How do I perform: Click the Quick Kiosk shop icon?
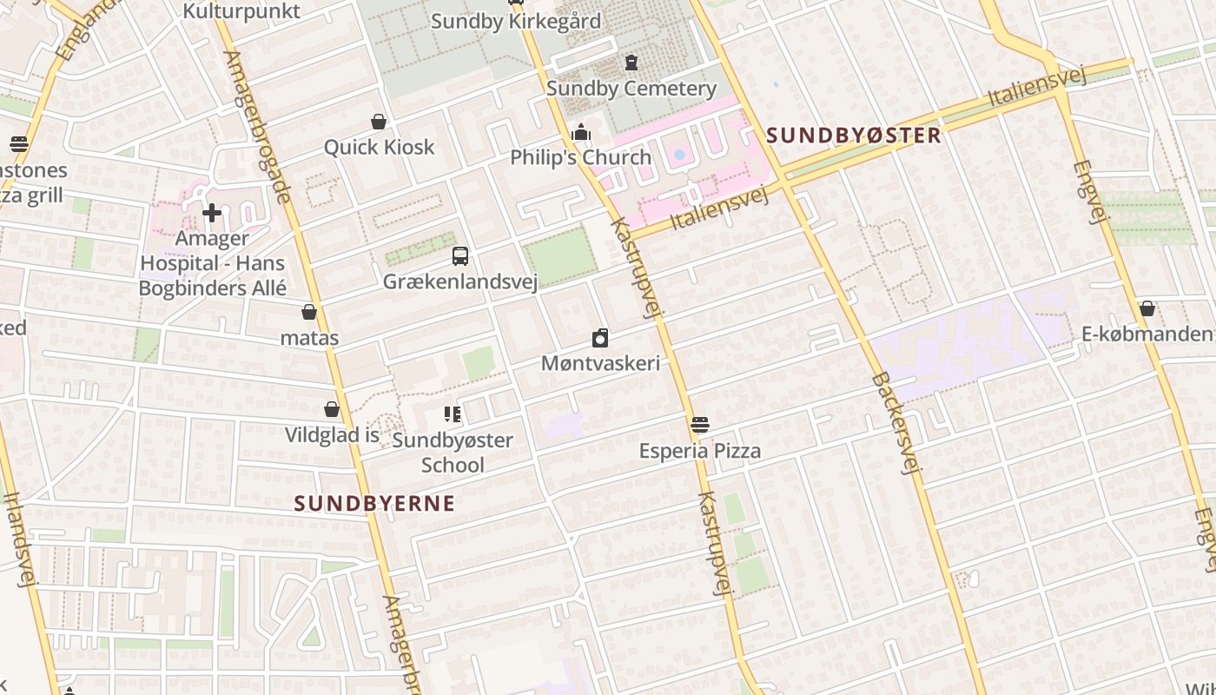(x=379, y=122)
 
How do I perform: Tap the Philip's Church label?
(x=580, y=157)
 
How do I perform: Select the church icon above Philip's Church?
(x=581, y=133)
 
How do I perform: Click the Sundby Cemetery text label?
(x=631, y=88)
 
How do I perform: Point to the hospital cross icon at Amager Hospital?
(x=212, y=213)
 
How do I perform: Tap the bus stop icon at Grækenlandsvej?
(x=460, y=256)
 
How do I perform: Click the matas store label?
(x=309, y=338)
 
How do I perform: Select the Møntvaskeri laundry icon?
(x=600, y=339)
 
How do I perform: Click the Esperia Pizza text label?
(x=700, y=451)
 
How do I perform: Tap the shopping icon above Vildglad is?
(x=332, y=409)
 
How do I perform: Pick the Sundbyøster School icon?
(x=452, y=414)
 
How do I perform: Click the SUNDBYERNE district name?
(x=374, y=503)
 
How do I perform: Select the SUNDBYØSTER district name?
(x=855, y=136)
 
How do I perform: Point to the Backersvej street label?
(x=895, y=423)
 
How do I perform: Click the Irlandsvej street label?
(x=18, y=539)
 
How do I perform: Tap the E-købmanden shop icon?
(x=1147, y=308)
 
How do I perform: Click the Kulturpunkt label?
(x=241, y=11)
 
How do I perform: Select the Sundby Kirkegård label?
(x=516, y=22)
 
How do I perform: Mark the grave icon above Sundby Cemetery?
(x=631, y=63)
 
